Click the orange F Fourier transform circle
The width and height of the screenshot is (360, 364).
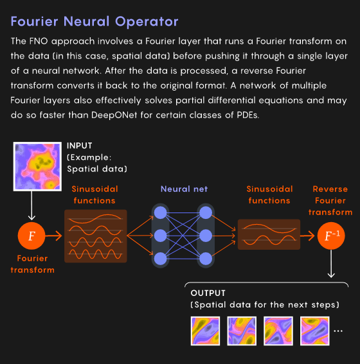[32, 236]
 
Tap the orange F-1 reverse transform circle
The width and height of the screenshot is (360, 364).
[331, 236]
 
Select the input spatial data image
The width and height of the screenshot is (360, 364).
[37, 166]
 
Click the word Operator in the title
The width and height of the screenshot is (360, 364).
[147, 22]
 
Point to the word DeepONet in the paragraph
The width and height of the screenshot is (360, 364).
[114, 115]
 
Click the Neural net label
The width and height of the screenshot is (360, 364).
[184, 189]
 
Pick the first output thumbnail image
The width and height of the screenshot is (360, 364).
[205, 331]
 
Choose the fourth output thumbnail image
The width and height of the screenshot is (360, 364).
[315, 331]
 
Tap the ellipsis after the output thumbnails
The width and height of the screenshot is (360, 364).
[338, 331]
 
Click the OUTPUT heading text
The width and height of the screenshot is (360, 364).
[208, 293]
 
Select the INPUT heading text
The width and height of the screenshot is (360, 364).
[80, 146]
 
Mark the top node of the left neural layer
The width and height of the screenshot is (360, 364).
[160, 212]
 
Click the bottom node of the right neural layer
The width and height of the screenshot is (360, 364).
[206, 259]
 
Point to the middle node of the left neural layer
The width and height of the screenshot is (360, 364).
[160, 236]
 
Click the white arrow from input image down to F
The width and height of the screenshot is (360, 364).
[32, 205]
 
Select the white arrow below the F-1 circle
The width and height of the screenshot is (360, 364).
[331, 264]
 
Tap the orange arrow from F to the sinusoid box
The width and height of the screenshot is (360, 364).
[54, 236]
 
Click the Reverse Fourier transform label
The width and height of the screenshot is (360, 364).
[330, 200]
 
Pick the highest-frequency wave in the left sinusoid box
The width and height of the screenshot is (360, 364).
[95, 254]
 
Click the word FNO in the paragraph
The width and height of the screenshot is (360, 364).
[39, 41]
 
